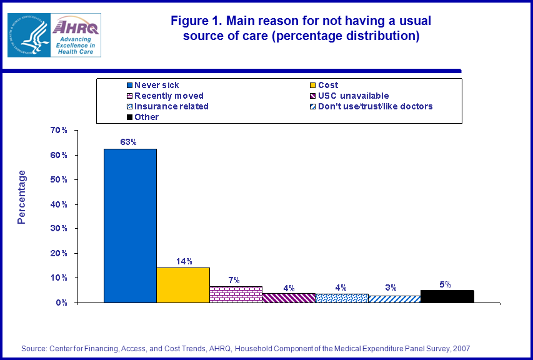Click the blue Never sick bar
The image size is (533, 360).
130,225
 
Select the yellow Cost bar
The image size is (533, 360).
183,285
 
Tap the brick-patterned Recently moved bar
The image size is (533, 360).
236,294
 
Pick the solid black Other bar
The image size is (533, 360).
447,296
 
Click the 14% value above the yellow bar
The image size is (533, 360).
184,261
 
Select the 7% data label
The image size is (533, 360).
234,279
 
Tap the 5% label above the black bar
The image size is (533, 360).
446,284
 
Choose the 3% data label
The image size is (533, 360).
392,287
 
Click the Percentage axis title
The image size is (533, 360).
22,197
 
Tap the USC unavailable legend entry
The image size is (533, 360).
353,96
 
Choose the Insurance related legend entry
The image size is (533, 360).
171,106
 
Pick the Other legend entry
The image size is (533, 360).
146,117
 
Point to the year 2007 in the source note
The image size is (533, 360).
461,348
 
